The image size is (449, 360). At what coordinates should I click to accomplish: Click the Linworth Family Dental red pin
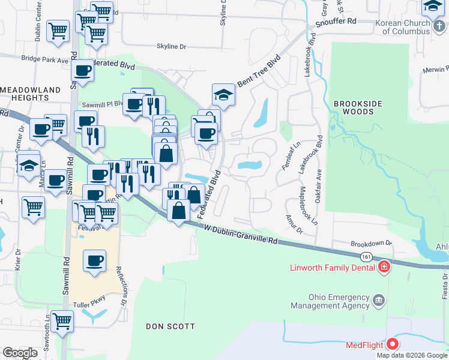[x=382, y=267]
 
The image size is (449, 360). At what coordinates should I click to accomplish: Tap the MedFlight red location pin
[x=393, y=344]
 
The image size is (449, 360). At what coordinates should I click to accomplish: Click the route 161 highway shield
[x=366, y=256]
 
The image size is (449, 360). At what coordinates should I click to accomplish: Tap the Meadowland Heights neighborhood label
[x=31, y=94]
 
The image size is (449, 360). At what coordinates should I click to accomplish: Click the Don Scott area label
[x=171, y=326]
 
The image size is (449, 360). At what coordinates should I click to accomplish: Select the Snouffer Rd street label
[x=336, y=22]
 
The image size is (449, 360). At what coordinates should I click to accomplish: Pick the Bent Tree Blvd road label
[x=259, y=72]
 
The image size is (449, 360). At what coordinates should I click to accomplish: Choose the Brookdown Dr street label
[x=371, y=244]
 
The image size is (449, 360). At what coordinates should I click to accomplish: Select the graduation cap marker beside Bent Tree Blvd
[x=223, y=95]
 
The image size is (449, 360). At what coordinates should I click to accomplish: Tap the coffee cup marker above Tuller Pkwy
[x=95, y=261]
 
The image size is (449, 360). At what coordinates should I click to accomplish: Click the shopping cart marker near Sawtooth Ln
[x=62, y=320]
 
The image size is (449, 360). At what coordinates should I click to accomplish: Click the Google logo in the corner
[x=20, y=353]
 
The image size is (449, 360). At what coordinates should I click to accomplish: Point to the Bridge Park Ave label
[x=45, y=59]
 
